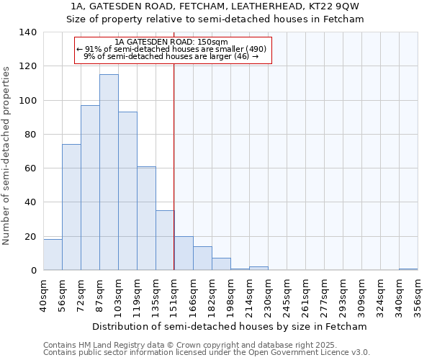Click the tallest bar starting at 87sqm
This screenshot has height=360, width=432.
point(109,173)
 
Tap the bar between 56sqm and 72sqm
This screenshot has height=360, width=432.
point(71,207)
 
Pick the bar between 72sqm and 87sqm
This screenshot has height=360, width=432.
point(90,188)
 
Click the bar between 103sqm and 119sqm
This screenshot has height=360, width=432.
point(127,192)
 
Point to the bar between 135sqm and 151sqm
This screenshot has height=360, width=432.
point(165,240)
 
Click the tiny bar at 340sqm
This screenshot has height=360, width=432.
point(408,269)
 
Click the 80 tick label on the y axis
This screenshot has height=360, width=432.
point(30,135)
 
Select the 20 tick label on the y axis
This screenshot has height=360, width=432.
point(30,237)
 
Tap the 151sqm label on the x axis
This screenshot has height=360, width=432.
point(174,295)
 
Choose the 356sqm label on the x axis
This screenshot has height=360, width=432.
point(418,295)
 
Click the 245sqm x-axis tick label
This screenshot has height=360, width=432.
point(287,295)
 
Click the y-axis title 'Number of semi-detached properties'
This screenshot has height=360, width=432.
point(7,155)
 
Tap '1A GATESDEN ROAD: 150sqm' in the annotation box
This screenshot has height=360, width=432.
point(171,42)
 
